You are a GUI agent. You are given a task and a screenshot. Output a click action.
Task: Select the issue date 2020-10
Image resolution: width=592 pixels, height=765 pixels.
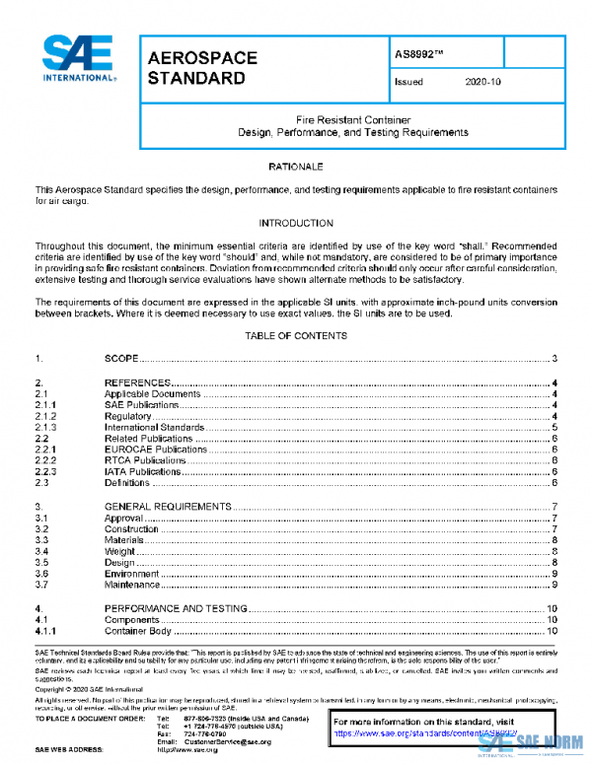point(482,83)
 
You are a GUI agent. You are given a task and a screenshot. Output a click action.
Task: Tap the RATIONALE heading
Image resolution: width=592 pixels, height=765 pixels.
point(296,168)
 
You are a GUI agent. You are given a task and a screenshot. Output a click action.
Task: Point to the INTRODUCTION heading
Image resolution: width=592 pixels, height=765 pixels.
point(296,223)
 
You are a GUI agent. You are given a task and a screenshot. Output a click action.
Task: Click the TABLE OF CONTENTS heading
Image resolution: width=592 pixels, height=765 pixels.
point(296,335)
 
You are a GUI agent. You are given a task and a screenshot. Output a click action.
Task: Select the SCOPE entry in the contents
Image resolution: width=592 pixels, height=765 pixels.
point(120,359)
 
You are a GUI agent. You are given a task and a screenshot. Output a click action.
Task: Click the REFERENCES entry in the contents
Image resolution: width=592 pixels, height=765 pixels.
point(138,382)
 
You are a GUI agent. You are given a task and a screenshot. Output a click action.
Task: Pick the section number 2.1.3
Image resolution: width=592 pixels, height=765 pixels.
point(46,427)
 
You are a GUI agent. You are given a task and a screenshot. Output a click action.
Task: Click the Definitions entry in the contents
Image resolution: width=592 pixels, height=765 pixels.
point(127,483)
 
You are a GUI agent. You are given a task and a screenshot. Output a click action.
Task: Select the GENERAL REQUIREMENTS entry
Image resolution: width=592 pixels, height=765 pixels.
point(168,507)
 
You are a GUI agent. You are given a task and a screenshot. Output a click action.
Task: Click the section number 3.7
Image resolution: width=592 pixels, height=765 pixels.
point(42,586)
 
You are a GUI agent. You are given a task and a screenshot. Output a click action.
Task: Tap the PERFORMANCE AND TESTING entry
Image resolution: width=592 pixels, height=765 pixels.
point(176,609)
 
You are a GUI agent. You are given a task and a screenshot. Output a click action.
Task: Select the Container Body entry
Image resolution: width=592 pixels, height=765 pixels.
point(138,631)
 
